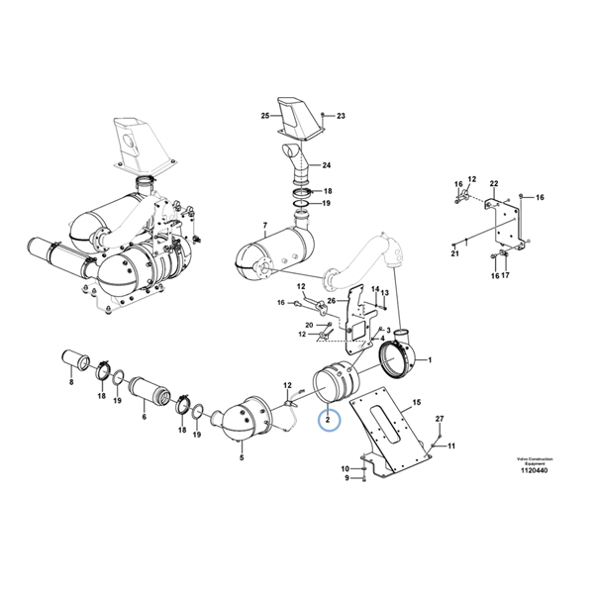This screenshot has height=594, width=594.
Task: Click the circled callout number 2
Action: tap(327, 421)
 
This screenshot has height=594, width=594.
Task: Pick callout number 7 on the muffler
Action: tap(264, 227)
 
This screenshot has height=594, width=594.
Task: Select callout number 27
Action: tap(440, 419)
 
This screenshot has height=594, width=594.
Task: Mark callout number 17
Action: tap(506, 276)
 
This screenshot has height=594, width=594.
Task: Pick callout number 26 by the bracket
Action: tap(332, 301)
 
